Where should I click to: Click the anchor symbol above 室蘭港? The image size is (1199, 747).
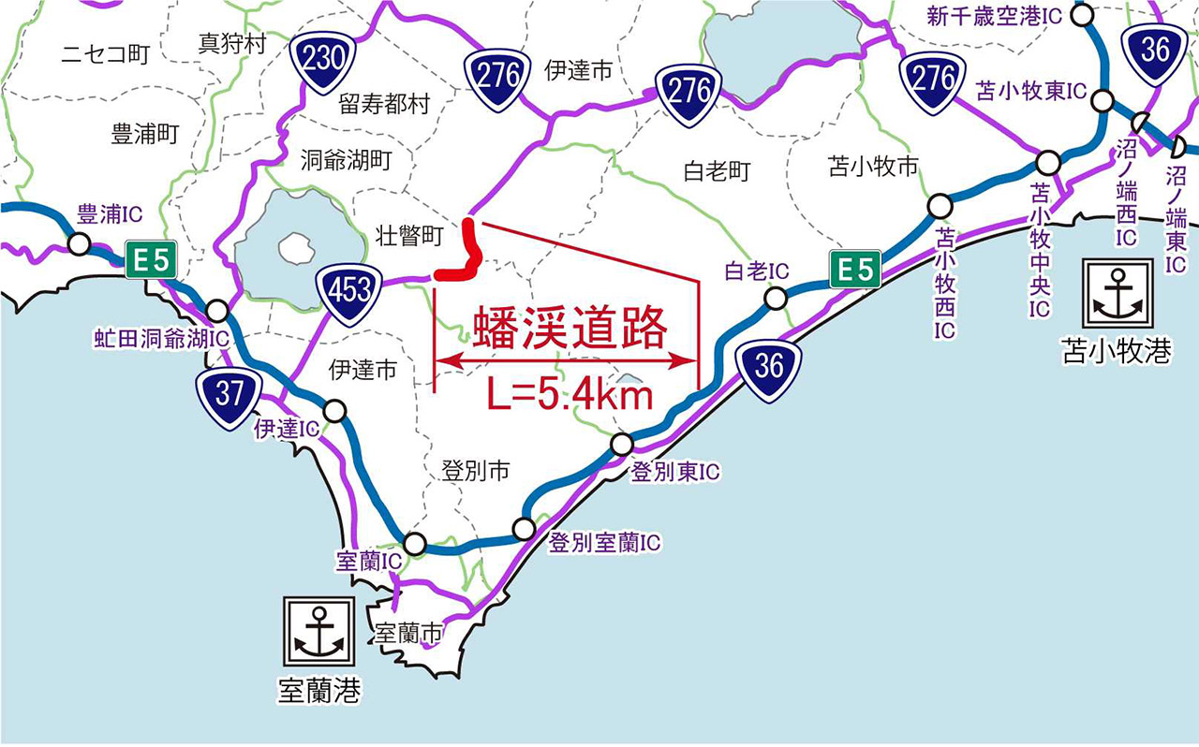tap(318, 631)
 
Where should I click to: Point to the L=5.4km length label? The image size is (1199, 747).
tap(570, 395)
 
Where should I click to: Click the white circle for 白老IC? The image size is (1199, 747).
tap(775, 299)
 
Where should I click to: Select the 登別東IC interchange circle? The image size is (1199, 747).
tap(621, 444)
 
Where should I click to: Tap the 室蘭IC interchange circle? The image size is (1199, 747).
tap(414, 543)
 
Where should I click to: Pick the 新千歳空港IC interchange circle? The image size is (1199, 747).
tap(1083, 15)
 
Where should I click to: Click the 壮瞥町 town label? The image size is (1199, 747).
tap(407, 237)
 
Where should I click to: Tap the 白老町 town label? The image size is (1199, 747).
tap(718, 171)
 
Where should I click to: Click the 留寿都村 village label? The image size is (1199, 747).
tap(384, 103)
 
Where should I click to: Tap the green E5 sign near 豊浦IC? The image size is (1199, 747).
tap(150, 260)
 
